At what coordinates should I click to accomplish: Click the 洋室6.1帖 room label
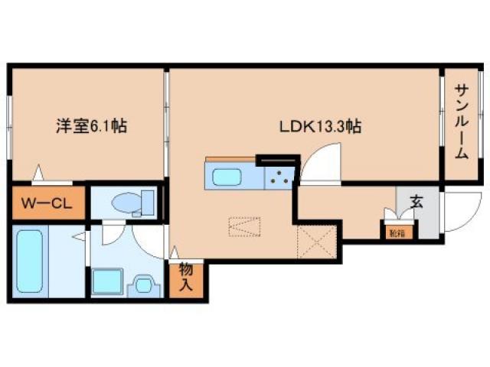coord(90,127)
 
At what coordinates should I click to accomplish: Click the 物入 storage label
coord(186,278)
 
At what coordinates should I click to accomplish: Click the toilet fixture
coord(129,203)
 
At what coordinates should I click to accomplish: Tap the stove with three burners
coord(279,178)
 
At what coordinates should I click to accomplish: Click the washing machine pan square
coord(106,282)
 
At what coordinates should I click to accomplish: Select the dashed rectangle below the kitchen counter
coord(244,228)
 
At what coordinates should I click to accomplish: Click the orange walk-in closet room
coord(46,204)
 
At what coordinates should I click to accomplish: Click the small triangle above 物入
coord(175,252)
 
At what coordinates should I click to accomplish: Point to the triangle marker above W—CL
coord(38,174)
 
